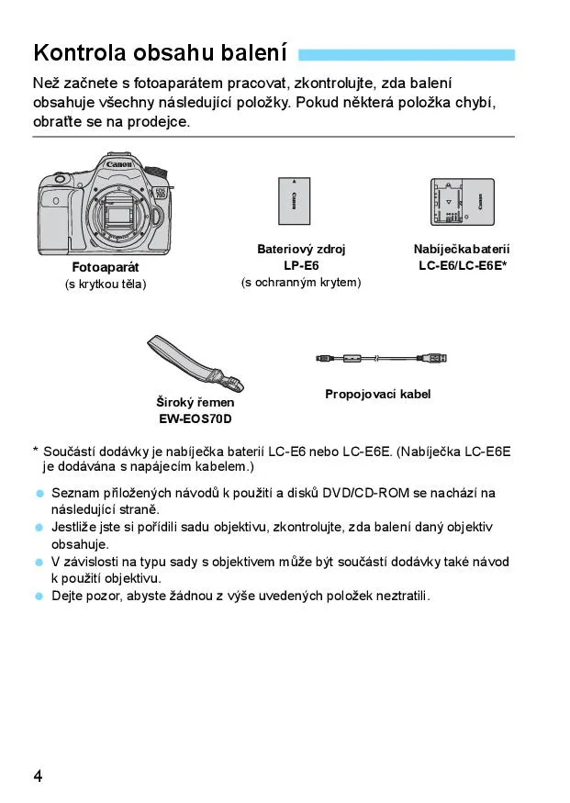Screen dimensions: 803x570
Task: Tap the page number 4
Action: pos(38,775)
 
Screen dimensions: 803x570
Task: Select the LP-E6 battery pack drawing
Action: pos(294,200)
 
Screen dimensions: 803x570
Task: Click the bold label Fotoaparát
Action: pos(106,267)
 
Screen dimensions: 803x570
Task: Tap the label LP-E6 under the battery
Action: pos(301,265)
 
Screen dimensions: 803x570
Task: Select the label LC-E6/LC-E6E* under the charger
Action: pos(463,265)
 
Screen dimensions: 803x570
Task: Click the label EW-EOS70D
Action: pos(195,419)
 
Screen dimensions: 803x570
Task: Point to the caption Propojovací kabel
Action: pos(377,394)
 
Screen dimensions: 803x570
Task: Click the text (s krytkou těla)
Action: pos(106,284)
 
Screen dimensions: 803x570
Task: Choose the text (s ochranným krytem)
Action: pos(301,282)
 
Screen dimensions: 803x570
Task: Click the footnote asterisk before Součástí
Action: pos(36,451)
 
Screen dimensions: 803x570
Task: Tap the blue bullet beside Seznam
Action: pos(39,494)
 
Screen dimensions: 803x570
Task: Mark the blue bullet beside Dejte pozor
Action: pos(39,596)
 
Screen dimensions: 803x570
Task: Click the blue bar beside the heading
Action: pos(407,54)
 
